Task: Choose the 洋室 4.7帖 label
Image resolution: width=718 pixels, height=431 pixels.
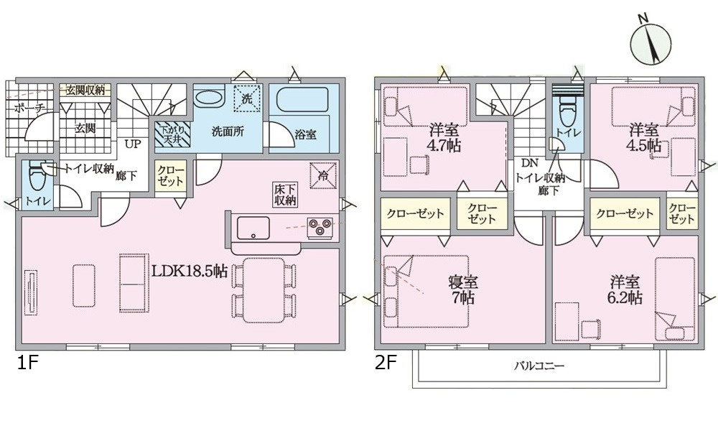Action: point(445,138)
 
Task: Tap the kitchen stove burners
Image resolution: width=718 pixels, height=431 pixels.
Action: point(320,227)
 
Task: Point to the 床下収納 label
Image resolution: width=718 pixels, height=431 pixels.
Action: point(285,195)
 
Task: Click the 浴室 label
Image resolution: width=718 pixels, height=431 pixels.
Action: point(302,133)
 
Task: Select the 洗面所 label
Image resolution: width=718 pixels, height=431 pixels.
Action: point(225,133)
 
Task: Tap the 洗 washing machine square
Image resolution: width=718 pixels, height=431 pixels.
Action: point(246,99)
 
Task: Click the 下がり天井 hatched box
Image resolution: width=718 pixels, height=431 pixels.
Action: point(171,133)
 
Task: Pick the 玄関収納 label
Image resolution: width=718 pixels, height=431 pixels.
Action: point(85,90)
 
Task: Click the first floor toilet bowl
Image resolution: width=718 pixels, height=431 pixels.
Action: point(34,176)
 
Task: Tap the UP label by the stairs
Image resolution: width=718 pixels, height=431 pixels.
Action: point(133,144)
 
